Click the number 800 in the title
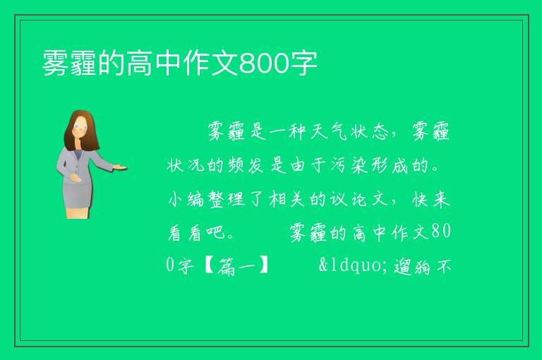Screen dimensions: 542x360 [264, 64]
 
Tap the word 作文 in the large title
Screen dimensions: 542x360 [211, 64]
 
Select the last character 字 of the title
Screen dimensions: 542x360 [303, 64]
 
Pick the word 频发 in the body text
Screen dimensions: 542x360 [246, 165]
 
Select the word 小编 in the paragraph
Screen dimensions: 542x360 [186, 199]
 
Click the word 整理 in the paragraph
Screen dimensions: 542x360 [227, 199]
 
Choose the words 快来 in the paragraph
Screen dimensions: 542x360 [431, 199]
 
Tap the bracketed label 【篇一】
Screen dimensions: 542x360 [236, 266]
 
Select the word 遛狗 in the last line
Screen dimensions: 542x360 [412, 266]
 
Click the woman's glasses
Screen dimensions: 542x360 [80, 126]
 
